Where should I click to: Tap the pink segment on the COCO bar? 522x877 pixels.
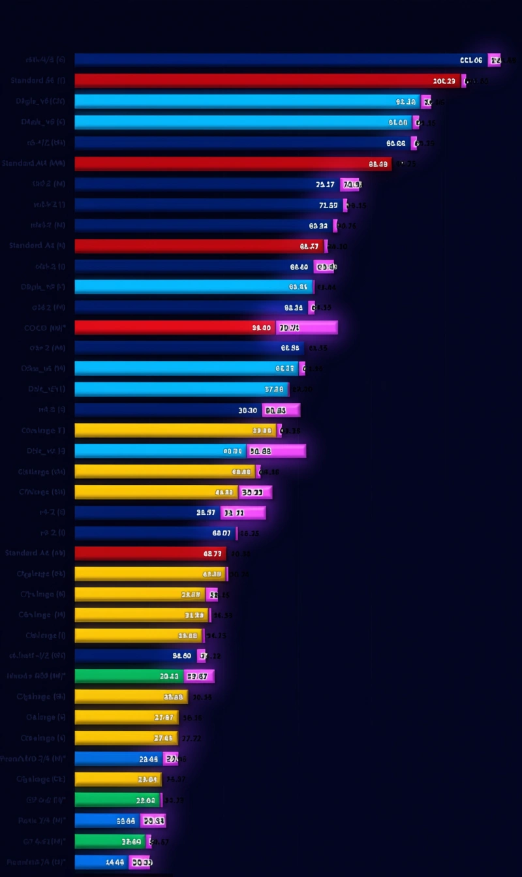(307, 328)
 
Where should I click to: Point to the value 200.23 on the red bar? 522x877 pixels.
(444, 81)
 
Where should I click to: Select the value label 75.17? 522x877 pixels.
(325, 185)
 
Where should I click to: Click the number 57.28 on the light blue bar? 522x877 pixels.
(274, 390)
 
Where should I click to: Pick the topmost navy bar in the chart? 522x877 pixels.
(261, 60)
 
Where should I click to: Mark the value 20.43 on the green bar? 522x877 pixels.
(169, 677)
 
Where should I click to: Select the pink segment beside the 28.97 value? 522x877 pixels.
(243, 513)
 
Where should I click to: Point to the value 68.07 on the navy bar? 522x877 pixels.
(221, 533)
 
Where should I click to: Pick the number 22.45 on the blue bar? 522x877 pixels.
(149, 759)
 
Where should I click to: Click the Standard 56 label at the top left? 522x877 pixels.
(37, 80)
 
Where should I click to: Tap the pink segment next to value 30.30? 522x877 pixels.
(281, 410)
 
